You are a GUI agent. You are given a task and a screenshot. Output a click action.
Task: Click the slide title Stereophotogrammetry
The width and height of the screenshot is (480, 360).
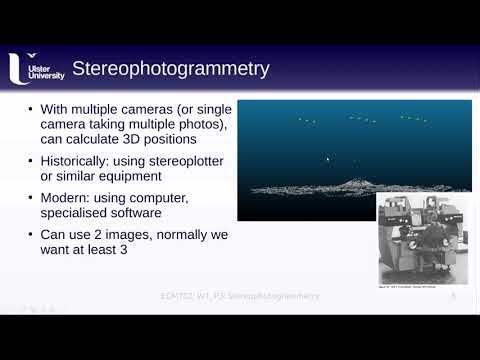pyautogui.click(x=172, y=69)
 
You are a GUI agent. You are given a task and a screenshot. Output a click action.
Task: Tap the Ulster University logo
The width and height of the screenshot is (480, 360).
pyautogui.click(x=36, y=69)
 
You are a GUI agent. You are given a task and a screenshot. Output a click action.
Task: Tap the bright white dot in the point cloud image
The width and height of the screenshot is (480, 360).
pyautogui.click(x=327, y=157)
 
